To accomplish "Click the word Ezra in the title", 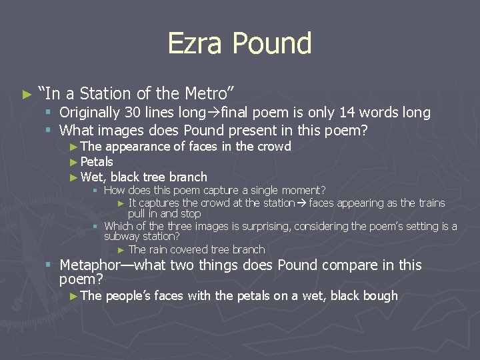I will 195,44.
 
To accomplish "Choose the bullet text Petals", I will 97,162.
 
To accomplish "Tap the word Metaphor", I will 93,265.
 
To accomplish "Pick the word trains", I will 431,203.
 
